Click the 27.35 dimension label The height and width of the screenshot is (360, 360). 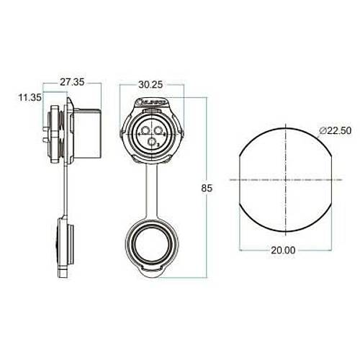[72, 83]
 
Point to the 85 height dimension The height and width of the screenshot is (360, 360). [207, 189]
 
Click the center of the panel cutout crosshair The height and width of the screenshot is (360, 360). [287, 178]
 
